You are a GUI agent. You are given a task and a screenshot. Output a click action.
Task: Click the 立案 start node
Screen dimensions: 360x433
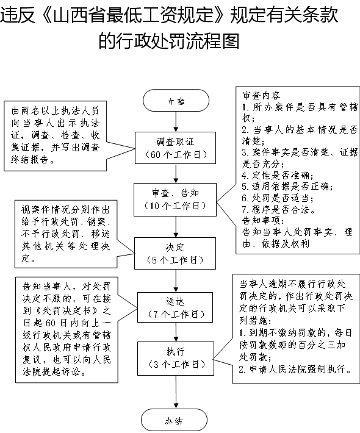[176, 100]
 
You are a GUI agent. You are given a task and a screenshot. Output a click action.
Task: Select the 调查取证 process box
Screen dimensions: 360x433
[176, 148]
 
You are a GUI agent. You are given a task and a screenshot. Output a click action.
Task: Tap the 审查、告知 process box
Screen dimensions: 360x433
[175, 199]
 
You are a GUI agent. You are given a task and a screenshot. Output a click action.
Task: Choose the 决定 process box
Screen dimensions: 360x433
[175, 253]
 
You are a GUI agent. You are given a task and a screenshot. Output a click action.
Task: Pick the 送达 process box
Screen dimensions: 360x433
[175, 307]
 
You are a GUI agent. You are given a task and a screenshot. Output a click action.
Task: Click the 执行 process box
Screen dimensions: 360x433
[176, 359]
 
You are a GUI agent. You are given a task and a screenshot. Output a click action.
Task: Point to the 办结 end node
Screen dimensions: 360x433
[175, 420]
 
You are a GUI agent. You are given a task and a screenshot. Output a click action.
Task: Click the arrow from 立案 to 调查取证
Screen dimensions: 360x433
[176, 121]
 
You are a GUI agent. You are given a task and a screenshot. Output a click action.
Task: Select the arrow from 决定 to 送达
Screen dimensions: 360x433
[176, 281]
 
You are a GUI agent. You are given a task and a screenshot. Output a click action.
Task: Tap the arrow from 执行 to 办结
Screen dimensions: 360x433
[176, 392]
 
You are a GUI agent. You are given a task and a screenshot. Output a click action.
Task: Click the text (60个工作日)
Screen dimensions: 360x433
[176, 154]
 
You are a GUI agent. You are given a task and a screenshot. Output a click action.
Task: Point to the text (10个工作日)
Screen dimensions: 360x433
[175, 206]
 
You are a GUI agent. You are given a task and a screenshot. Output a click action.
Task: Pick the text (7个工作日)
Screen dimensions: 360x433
[176, 314]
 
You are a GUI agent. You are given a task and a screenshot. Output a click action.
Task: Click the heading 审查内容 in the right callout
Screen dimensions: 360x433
[261, 95]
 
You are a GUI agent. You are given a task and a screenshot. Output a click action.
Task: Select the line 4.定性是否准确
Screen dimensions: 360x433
[277, 175]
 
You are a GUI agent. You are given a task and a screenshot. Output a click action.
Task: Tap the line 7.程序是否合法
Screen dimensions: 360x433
[278, 209]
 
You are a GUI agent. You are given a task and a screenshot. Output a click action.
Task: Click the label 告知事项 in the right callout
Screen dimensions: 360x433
[263, 220]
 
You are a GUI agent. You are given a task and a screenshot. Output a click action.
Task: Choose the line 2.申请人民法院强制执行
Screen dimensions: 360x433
[295, 369]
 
